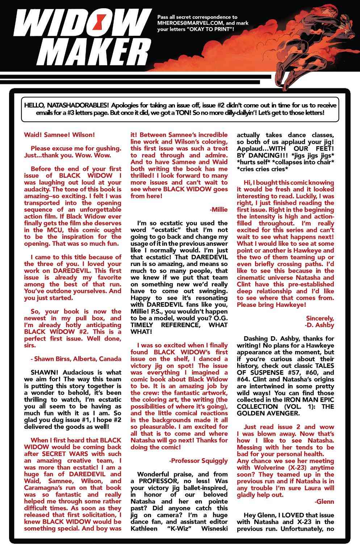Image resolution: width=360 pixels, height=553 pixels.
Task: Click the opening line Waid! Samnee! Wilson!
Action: [59, 135]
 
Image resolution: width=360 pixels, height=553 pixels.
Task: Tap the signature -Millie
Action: [219, 210]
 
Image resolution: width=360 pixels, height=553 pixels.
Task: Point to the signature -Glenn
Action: [324, 502]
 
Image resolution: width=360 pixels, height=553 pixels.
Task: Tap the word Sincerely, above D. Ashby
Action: [320, 318]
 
